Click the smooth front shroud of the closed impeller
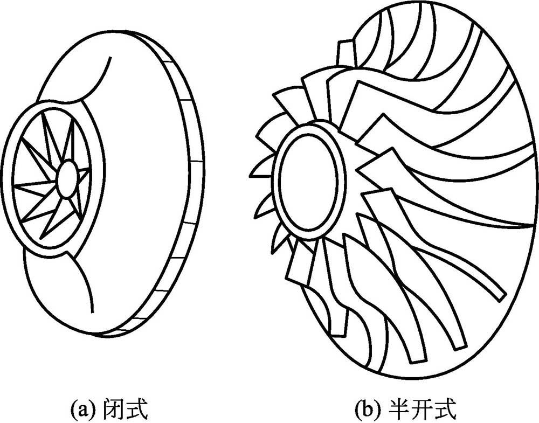click(x=146, y=178)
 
